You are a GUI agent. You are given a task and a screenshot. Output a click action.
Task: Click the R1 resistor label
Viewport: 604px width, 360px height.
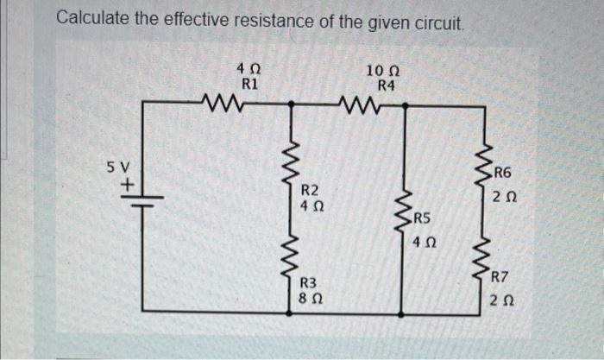[x=249, y=85]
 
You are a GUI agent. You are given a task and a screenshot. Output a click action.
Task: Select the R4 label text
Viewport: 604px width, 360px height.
[x=386, y=85]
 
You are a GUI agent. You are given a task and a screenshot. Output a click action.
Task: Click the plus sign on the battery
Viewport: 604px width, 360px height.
[x=129, y=184]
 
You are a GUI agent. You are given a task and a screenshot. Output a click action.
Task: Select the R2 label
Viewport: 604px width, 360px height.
[x=311, y=190]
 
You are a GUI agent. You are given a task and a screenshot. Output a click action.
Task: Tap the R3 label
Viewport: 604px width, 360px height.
[x=309, y=282]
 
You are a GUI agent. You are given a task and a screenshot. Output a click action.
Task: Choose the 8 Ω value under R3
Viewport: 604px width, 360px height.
[x=309, y=298]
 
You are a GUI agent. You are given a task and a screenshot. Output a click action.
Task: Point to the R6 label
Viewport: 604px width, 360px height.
[x=505, y=173]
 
